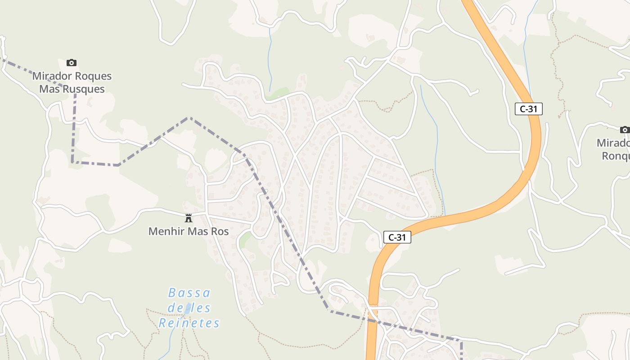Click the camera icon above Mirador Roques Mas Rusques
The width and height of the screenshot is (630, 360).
point(71,63)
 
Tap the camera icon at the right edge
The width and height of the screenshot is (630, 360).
point(624,130)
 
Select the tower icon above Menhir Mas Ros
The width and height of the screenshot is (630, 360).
point(189,218)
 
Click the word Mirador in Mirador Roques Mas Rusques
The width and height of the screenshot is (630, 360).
point(50,76)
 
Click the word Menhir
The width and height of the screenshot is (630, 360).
point(165,232)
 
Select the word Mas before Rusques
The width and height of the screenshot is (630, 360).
point(49,89)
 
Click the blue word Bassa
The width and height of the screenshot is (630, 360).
point(189,293)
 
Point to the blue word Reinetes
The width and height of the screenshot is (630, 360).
point(189,323)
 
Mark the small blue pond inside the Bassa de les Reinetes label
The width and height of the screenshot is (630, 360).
point(187,308)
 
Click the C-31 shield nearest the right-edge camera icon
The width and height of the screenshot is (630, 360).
point(528,109)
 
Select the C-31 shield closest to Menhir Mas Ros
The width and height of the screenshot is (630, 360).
point(397,237)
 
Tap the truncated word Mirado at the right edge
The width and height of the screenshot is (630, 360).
point(613,143)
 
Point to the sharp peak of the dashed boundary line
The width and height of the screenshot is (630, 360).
point(189,118)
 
